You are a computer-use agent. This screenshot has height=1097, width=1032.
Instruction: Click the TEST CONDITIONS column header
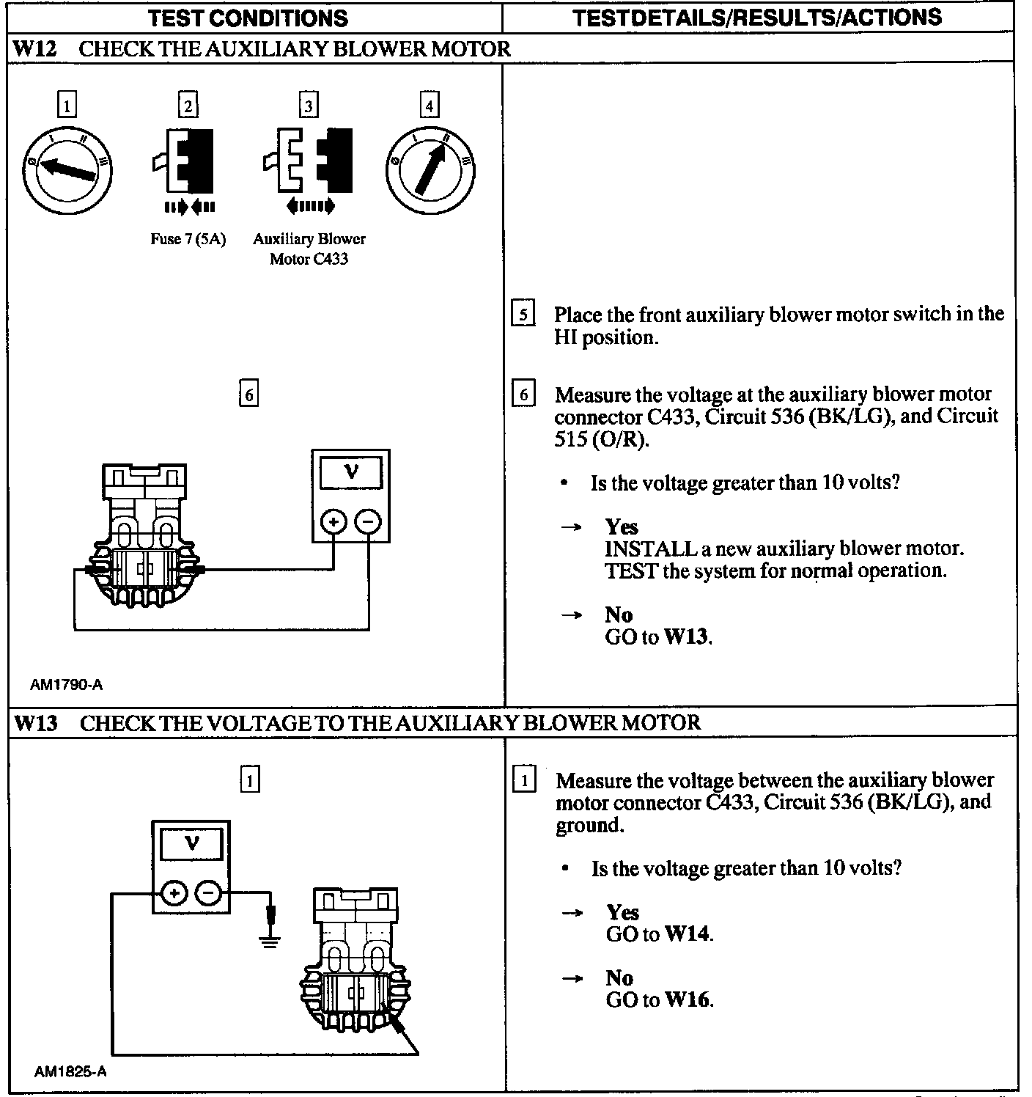coord(248,18)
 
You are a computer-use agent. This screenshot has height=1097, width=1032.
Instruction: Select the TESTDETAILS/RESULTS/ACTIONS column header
coord(756,18)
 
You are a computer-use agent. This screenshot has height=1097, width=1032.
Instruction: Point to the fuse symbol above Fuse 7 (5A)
coord(188,161)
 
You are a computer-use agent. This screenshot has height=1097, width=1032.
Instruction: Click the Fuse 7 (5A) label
coord(188,239)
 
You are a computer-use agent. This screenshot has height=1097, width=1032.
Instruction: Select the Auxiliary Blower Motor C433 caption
coord(309,249)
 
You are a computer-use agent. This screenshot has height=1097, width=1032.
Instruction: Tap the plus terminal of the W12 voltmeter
coord(333,522)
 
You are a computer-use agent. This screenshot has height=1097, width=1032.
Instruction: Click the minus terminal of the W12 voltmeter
coord(368,522)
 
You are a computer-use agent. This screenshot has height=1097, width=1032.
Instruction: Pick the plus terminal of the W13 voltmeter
coord(174,893)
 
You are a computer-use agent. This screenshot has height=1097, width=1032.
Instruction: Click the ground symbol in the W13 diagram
coord(270,941)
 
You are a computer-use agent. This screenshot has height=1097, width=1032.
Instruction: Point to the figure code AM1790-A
coord(67,685)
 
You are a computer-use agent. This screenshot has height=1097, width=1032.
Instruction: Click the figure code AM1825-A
coord(70,1071)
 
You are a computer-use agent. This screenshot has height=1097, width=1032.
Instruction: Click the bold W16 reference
coord(688,999)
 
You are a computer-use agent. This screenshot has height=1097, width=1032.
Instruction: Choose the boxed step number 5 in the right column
coord(523,314)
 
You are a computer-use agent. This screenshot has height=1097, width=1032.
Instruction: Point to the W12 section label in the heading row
coord(35,49)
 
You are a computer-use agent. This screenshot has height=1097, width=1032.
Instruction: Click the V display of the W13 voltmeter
coord(191,843)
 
